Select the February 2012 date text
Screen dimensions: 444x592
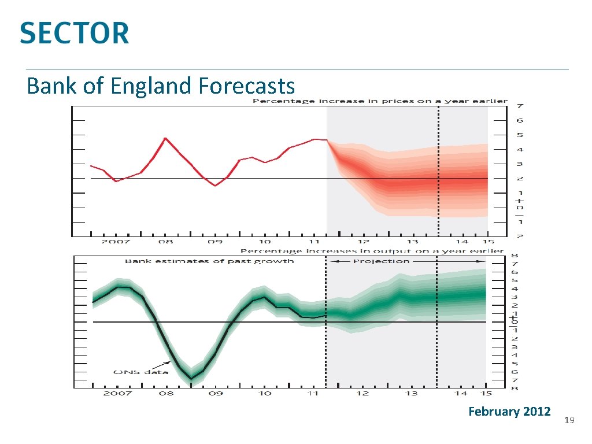click(509, 412)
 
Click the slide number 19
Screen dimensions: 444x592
click(568, 420)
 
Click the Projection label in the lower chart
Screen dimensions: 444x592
click(381, 261)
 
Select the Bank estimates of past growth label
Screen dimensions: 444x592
click(209, 261)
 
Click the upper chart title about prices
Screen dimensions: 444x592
click(379, 101)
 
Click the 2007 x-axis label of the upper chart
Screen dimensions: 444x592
click(117, 242)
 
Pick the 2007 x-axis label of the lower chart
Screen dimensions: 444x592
click(118, 393)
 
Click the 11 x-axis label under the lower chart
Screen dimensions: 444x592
click(313, 393)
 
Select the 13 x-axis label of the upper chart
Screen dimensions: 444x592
click(412, 242)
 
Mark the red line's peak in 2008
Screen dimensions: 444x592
click(165, 138)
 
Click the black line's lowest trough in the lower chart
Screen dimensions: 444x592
click(191, 379)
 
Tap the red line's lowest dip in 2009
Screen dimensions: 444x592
click(215, 186)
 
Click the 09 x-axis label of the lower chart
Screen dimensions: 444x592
click(215, 393)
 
